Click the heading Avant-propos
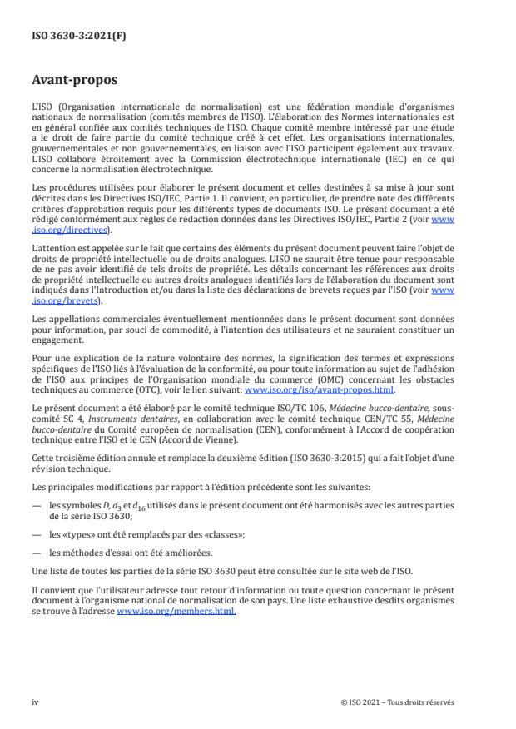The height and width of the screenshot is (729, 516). click(x=75, y=82)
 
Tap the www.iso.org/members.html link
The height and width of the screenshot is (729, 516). click(x=176, y=611)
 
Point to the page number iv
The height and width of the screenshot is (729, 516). click(x=35, y=702)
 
